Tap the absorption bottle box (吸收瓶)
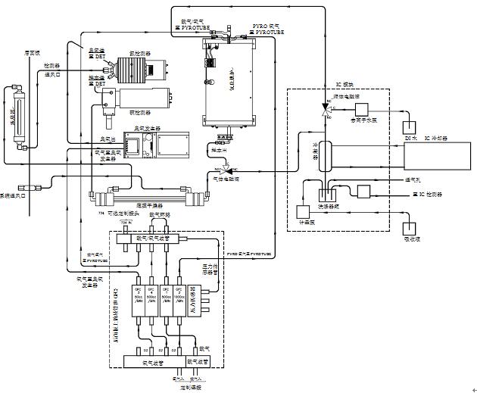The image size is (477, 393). coord(412,226)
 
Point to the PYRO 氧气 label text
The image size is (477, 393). coord(266,25)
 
